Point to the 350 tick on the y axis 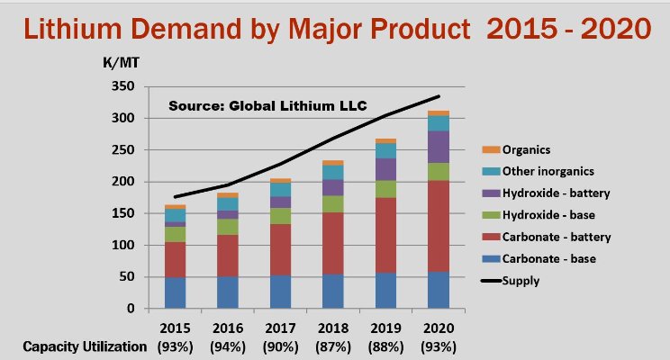(122, 87)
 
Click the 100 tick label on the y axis (122, 245)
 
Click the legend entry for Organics (526, 150)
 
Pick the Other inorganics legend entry (548, 172)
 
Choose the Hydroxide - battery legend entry (554, 193)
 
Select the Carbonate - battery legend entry (556, 237)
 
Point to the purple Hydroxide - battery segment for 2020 (438, 146)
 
